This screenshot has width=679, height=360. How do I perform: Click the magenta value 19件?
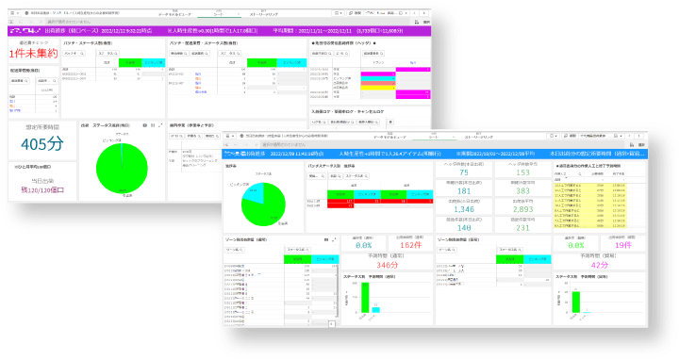pyautogui.click(x=621, y=245)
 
